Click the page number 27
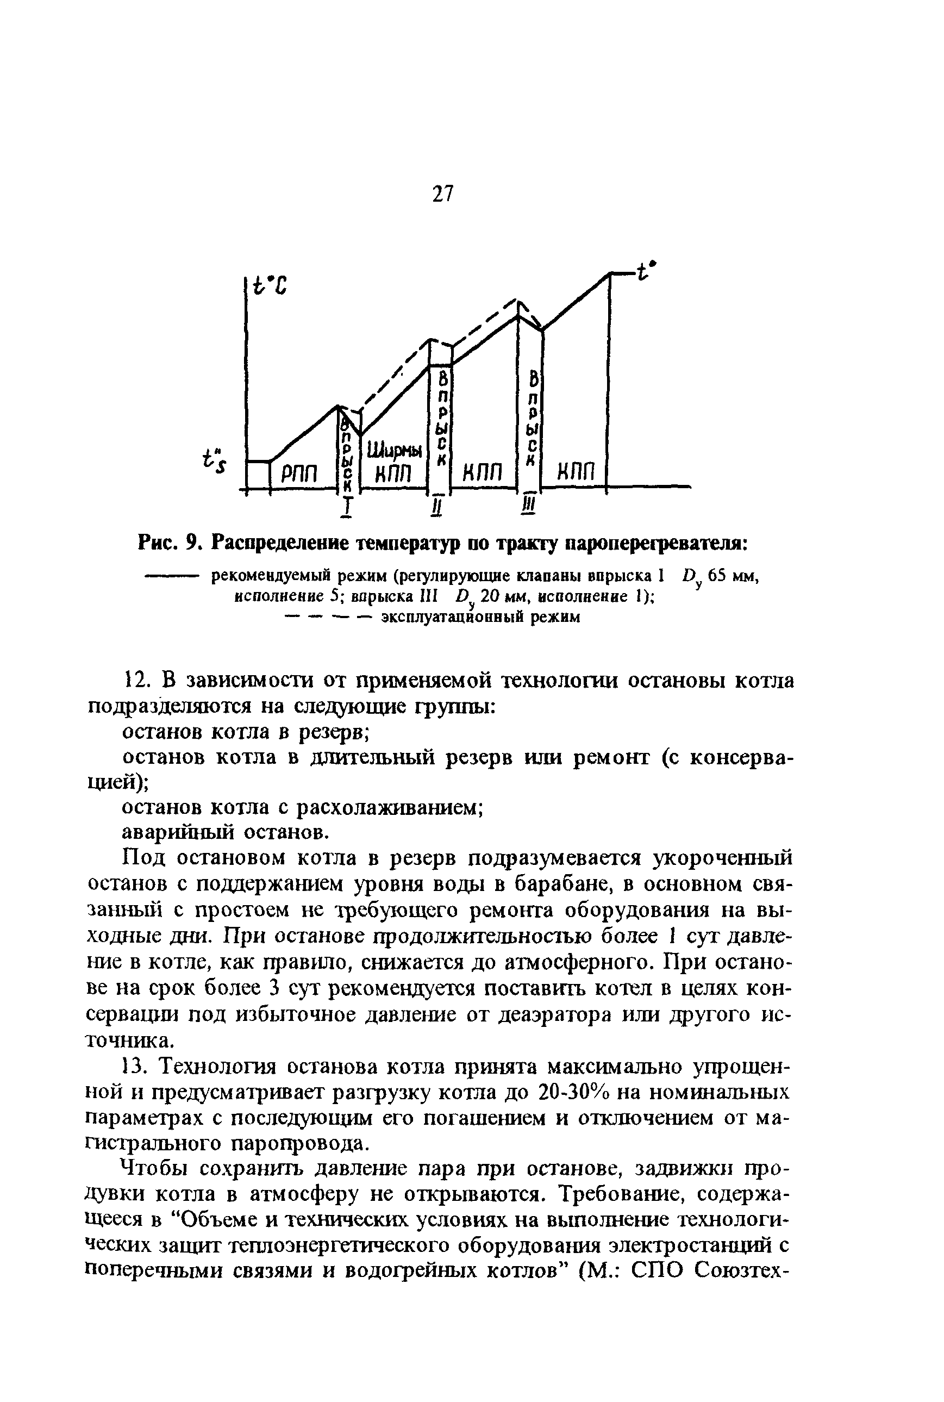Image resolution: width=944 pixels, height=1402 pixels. (442, 195)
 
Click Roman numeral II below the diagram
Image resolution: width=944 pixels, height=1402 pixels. (437, 508)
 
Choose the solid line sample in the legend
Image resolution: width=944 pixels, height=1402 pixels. (172, 576)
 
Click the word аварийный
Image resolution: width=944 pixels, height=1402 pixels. (174, 833)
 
